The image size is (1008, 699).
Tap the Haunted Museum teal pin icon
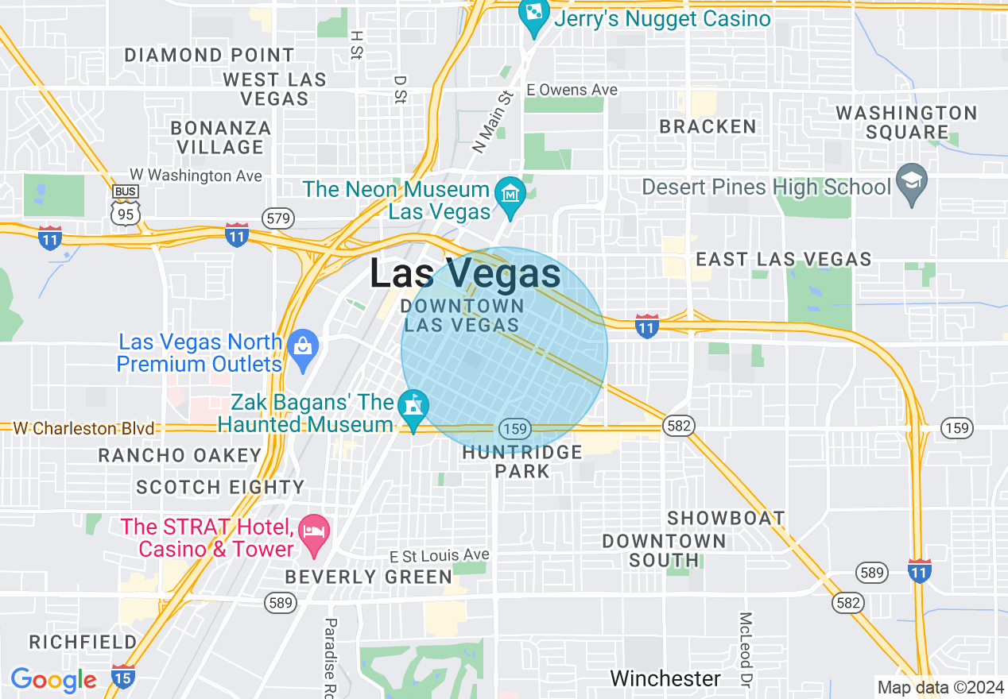[x=413, y=405]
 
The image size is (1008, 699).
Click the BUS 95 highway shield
[x=126, y=206]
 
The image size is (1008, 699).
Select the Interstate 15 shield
[x=122, y=676]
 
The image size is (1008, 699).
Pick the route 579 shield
[x=279, y=218]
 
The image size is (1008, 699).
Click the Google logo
[x=53, y=679]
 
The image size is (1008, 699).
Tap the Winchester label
[x=665, y=678]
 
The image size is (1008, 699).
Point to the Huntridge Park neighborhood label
[x=522, y=461]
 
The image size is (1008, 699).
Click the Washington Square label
[x=906, y=122]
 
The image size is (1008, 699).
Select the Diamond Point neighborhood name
[x=209, y=55]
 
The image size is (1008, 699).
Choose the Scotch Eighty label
[x=220, y=487]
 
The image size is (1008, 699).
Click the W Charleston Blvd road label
[x=83, y=428]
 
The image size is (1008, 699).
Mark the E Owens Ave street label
[x=572, y=90]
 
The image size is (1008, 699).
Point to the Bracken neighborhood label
[x=708, y=126]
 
